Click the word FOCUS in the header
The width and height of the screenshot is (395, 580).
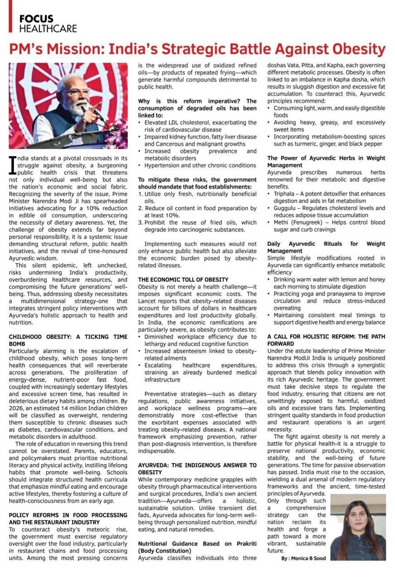(x=36, y=19)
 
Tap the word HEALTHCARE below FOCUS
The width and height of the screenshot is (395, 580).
(x=48, y=28)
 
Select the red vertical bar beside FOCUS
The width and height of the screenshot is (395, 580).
(x=10, y=16)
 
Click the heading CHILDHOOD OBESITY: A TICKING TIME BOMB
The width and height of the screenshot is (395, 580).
(x=68, y=340)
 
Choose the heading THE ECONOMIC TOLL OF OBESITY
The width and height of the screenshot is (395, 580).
(x=183, y=280)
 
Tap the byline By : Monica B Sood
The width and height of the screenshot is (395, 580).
(x=303, y=558)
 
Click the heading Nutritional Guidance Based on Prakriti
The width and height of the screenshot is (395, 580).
(x=197, y=547)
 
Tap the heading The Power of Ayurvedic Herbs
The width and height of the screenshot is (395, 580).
(x=326, y=162)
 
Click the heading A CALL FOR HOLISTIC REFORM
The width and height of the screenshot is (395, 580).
(x=326, y=340)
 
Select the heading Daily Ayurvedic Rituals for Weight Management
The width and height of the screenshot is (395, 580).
(x=326, y=247)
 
